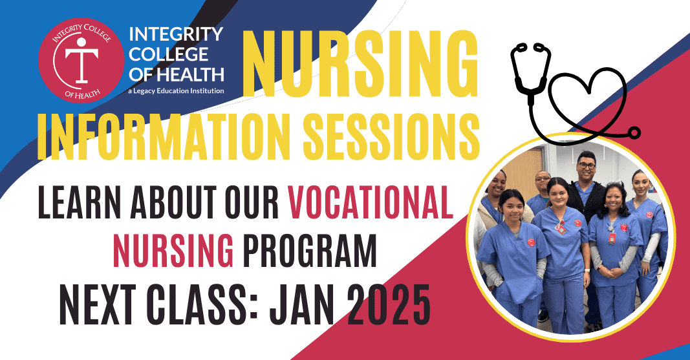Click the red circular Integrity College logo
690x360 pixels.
pos(81,60)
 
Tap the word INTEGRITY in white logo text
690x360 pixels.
pos(176,34)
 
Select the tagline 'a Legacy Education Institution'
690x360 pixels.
pos(176,91)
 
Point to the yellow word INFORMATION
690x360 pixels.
pos(166,136)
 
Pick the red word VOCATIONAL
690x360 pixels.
pos(371,202)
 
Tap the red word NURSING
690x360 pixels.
pos(173,251)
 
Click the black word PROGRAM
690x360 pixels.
pos(310,251)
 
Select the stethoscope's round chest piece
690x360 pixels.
pos(634,132)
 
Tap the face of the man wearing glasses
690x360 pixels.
pos(586,167)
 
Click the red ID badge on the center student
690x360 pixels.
pos(560,228)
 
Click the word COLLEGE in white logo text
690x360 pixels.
pos(169,54)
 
